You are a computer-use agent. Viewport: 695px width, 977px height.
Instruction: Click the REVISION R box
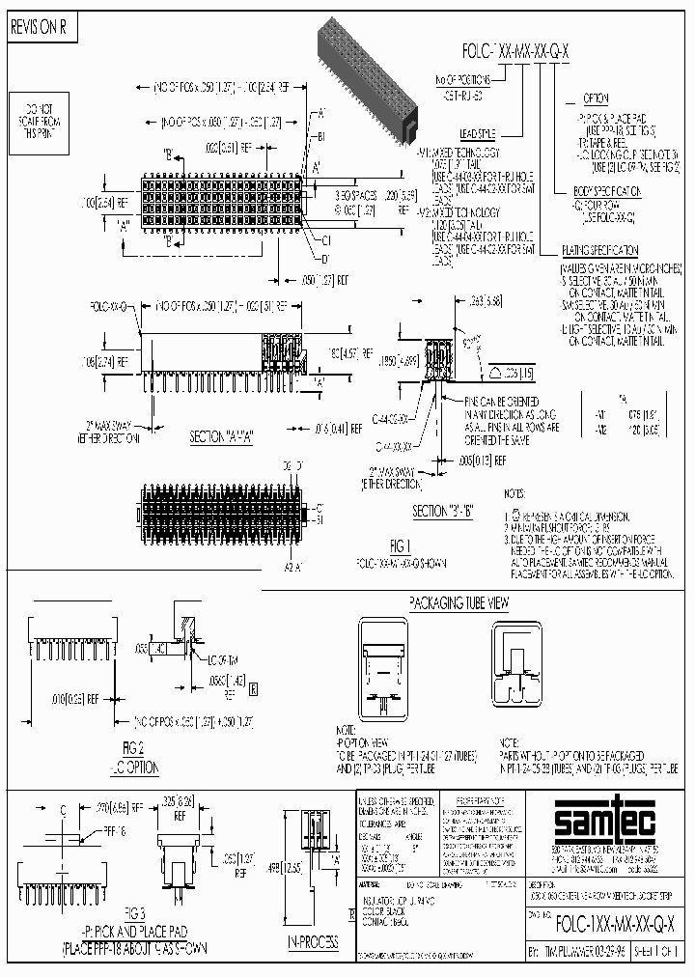(39, 28)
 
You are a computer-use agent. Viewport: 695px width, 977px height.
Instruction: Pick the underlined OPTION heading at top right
(595, 99)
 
